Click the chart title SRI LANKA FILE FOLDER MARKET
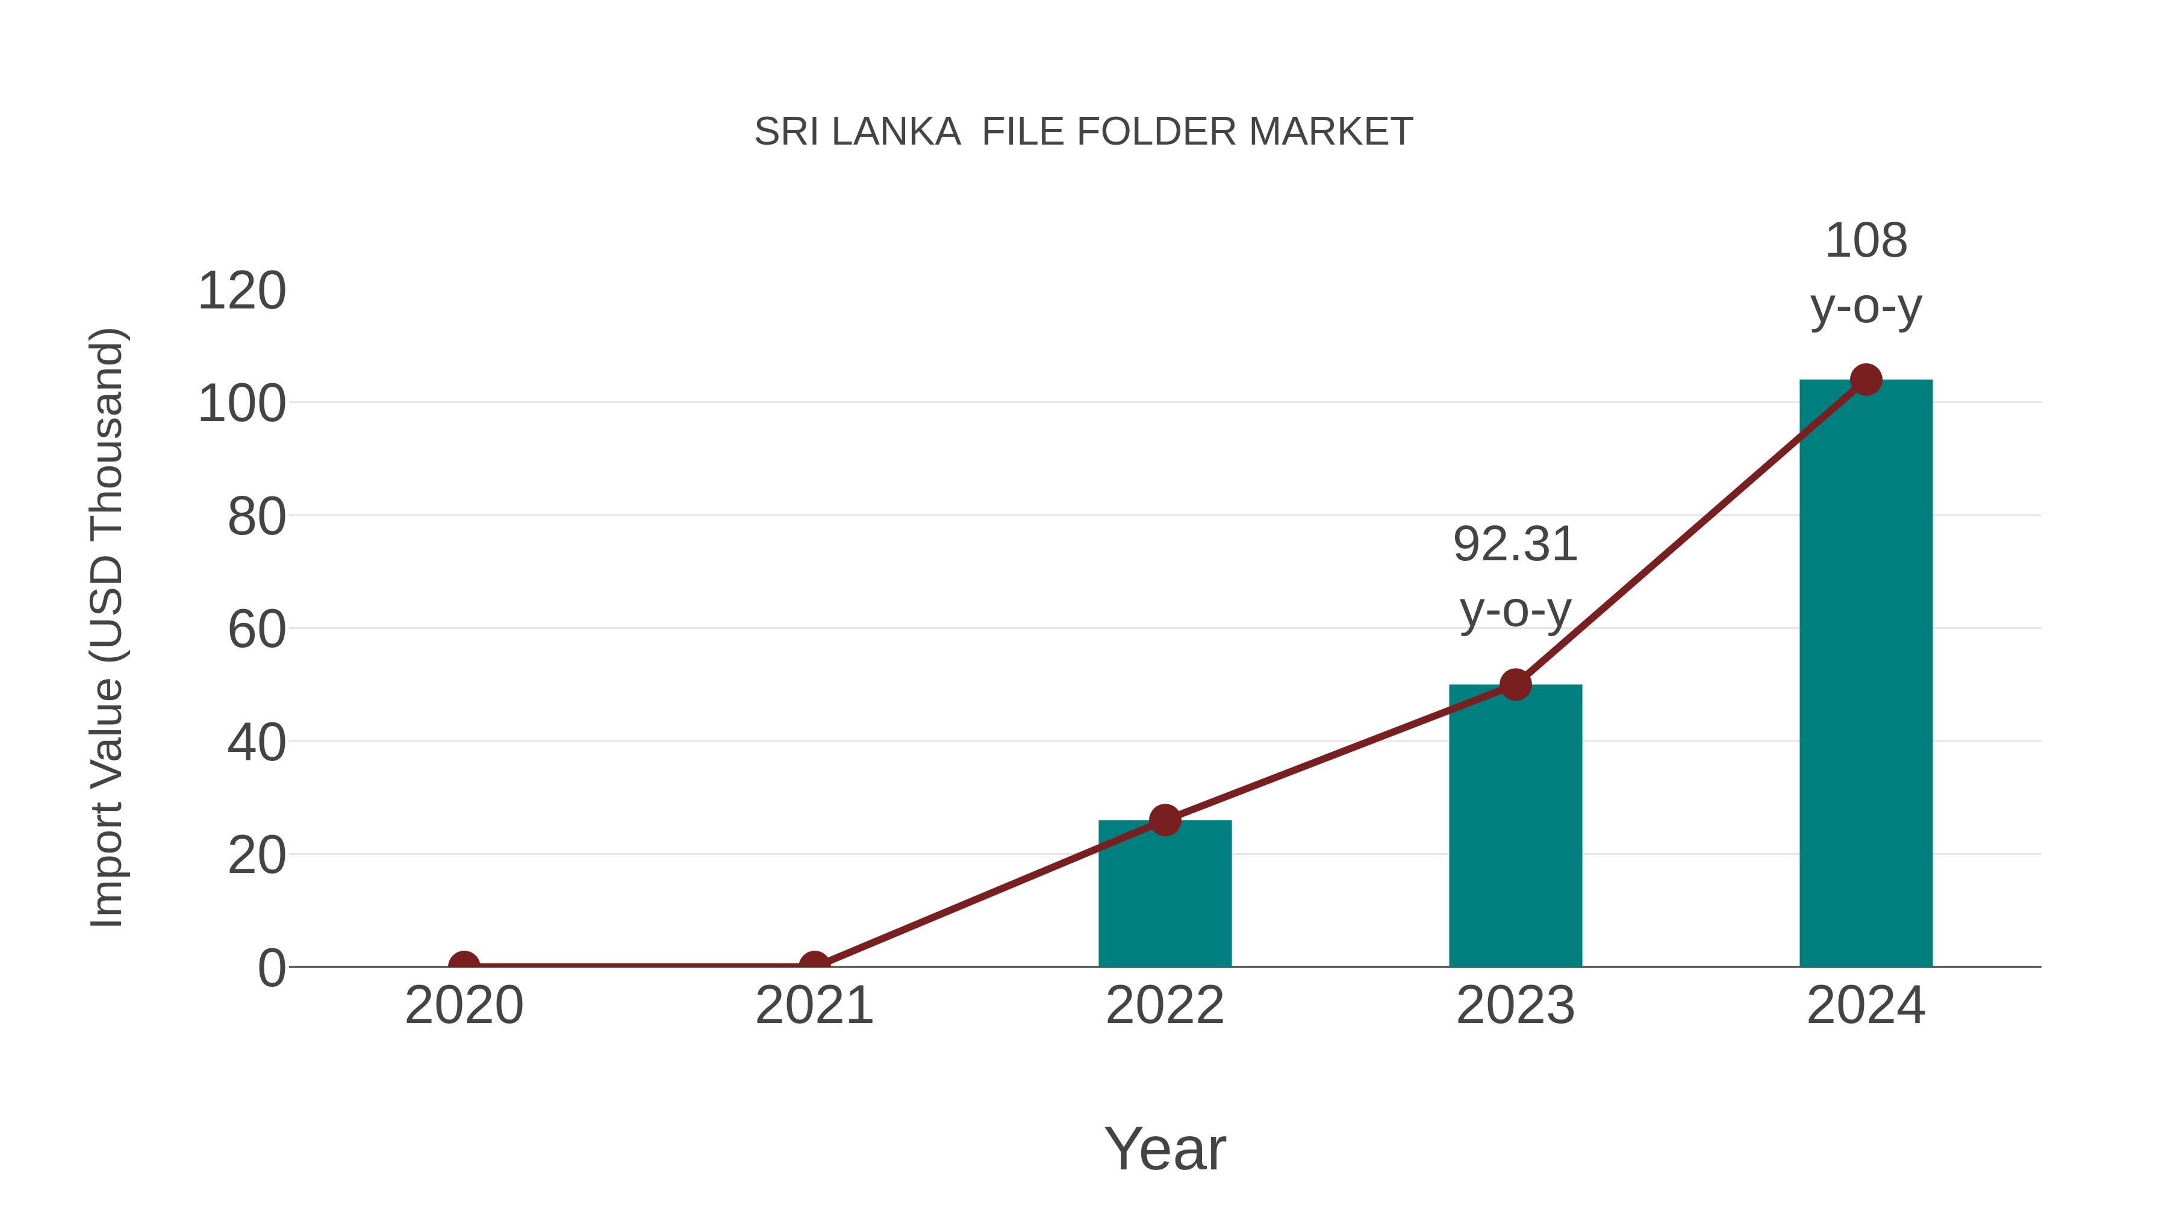coord(1083,132)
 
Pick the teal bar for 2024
coord(1866,674)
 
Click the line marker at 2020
coord(464,965)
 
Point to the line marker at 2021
coord(814,965)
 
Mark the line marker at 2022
coord(1165,820)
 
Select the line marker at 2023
coord(1515,684)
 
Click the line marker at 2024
coord(1866,380)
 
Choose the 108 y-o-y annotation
coord(1866,274)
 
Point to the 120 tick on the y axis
coord(241,292)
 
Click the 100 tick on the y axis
coord(241,404)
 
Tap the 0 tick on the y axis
coord(272,968)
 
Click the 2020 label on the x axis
coord(464,1006)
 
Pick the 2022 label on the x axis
coord(1165,1006)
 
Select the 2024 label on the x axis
coord(1866,1006)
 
